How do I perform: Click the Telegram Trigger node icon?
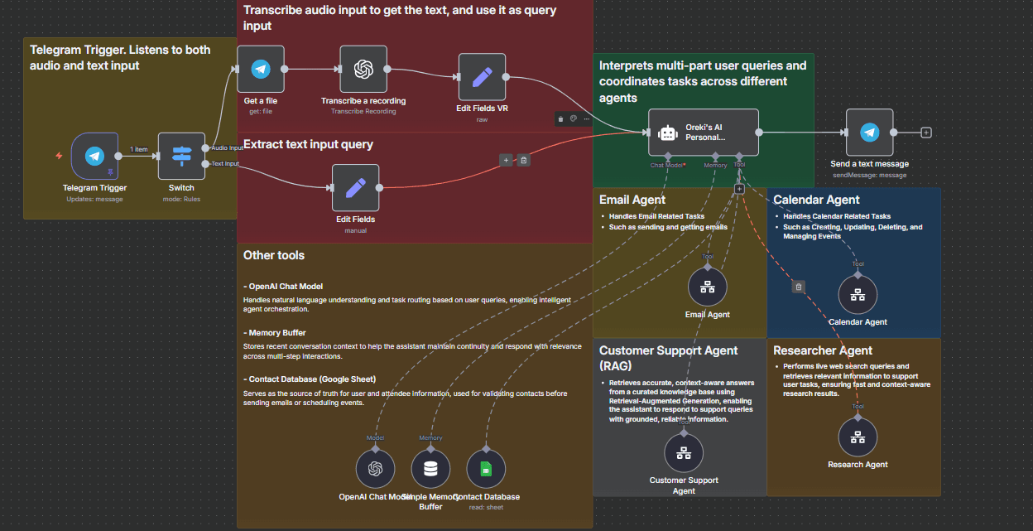(x=94, y=156)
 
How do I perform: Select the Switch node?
(x=181, y=156)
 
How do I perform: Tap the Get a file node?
(x=260, y=69)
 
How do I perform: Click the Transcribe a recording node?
(x=363, y=69)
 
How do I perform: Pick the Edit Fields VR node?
(x=482, y=77)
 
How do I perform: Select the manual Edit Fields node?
(x=355, y=187)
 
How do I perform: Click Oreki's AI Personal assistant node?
(x=703, y=132)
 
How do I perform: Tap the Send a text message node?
(x=869, y=132)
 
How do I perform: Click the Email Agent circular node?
(x=708, y=287)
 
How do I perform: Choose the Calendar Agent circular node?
(x=858, y=294)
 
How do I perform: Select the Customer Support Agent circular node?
(x=684, y=452)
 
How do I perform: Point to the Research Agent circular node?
(x=858, y=437)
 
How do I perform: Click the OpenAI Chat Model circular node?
(x=375, y=469)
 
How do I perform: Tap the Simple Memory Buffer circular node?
(x=430, y=469)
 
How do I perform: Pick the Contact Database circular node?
(x=486, y=469)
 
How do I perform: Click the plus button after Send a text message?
(x=926, y=132)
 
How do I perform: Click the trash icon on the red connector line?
(x=523, y=160)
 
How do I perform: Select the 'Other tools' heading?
(x=274, y=255)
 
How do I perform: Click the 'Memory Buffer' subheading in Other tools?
(x=276, y=333)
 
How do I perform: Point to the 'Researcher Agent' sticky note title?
(x=823, y=350)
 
